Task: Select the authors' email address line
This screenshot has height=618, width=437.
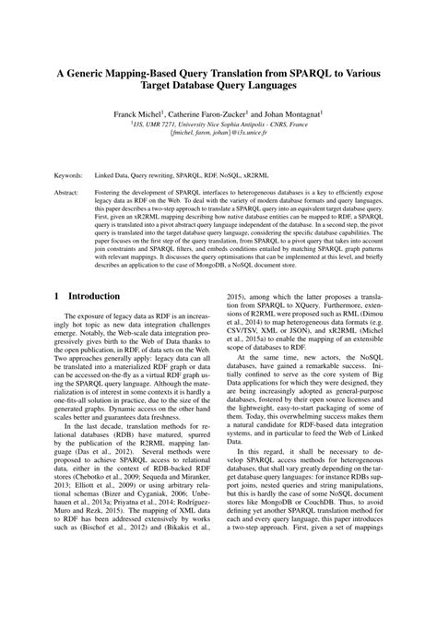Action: coord(219,131)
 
